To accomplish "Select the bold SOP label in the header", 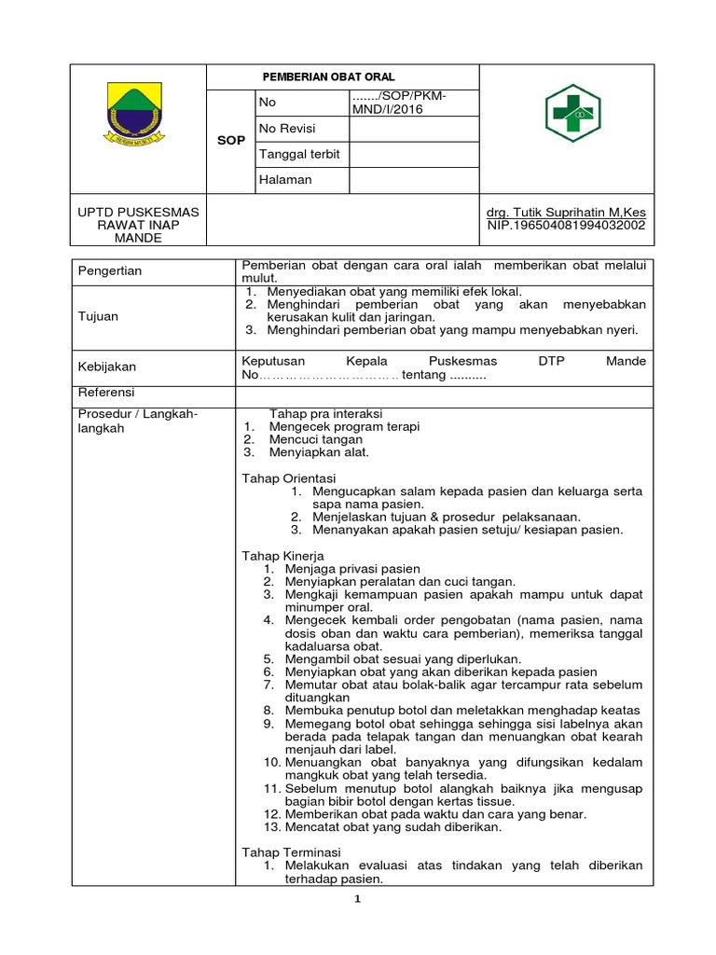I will [230, 141].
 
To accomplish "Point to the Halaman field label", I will [285, 179].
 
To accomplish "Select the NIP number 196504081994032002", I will [566, 225].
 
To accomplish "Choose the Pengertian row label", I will [109, 271].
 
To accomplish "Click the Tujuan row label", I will [98, 316].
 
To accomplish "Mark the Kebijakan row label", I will [105, 367].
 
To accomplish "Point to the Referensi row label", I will [105, 392].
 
